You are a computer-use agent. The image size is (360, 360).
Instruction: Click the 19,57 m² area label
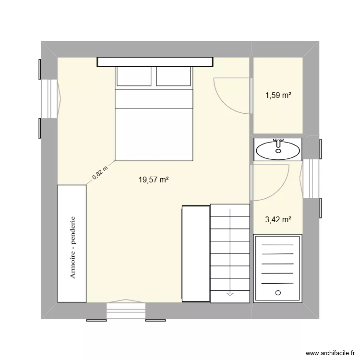tap(154, 180)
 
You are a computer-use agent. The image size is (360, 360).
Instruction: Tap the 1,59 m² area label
tap(278, 95)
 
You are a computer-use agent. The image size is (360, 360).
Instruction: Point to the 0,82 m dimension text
tap(100, 174)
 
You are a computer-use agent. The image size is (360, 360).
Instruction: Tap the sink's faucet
tap(278, 143)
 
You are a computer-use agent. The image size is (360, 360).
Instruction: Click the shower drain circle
tap(278, 292)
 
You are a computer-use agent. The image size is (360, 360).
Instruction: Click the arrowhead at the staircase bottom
tap(230, 292)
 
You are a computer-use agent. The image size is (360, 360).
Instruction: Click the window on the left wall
tap(49, 98)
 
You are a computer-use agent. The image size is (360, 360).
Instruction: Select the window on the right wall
tap(311, 178)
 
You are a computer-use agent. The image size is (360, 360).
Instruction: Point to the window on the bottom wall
tap(126, 311)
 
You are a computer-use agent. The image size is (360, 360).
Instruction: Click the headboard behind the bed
tap(155, 61)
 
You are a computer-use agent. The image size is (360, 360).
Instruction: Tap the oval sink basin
tap(278, 151)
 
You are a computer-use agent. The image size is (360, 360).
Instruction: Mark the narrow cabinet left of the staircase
tap(195, 253)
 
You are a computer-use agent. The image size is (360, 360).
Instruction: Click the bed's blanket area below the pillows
tap(154, 130)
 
